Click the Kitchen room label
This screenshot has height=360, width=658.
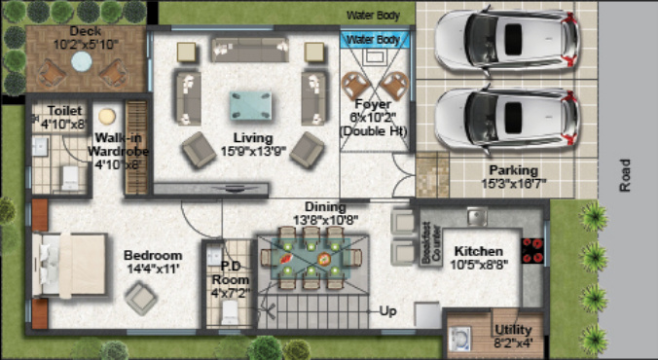(x=479, y=251)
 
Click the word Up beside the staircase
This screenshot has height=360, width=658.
(x=388, y=311)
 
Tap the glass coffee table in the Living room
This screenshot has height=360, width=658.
(x=251, y=105)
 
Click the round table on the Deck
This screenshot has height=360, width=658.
(x=82, y=61)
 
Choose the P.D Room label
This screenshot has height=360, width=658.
(x=231, y=272)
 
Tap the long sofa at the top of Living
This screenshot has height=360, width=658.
(x=250, y=51)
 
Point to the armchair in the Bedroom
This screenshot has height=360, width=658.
(x=140, y=300)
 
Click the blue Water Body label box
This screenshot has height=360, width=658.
(x=374, y=40)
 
